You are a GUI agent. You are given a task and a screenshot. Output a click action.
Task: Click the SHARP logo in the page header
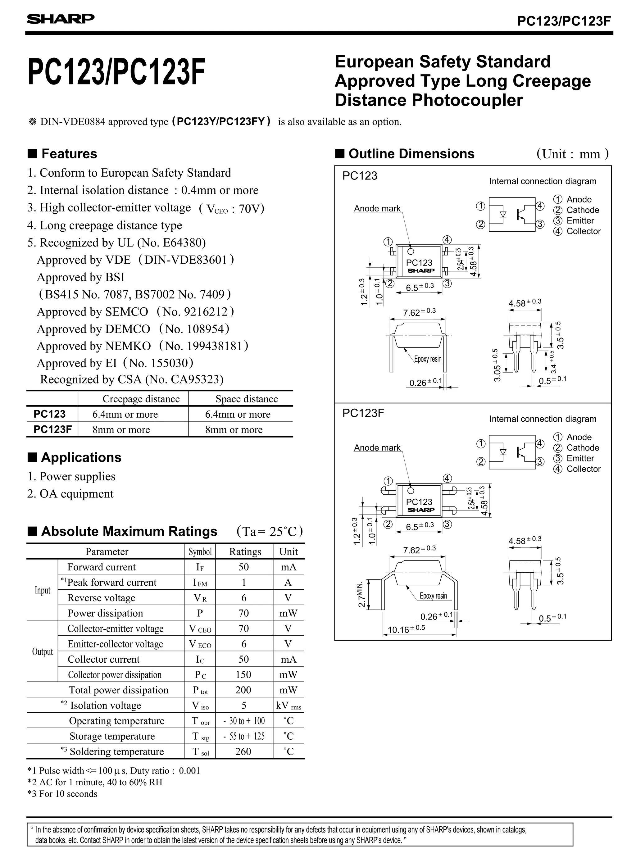coord(61,19)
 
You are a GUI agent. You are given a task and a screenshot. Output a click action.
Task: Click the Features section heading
coord(69,154)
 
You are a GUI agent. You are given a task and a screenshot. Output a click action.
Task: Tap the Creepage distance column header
coord(141,399)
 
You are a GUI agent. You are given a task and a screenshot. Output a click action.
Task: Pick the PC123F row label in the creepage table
coord(52,429)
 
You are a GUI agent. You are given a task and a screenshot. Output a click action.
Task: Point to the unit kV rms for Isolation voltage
coord(288,706)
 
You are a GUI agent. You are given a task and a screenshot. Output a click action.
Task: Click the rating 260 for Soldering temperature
coord(243,751)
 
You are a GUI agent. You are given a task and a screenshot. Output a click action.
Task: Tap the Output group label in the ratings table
coord(42,652)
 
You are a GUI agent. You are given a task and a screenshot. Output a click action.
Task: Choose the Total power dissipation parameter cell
coord(119,690)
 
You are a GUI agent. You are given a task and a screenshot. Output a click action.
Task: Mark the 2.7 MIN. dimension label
coord(361,595)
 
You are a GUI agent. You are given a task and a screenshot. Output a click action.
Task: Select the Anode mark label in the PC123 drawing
coord(377,209)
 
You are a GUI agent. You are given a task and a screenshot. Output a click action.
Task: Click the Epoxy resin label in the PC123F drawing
coord(433,596)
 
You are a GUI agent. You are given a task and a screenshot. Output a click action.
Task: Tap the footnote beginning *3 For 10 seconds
coord(62,794)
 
